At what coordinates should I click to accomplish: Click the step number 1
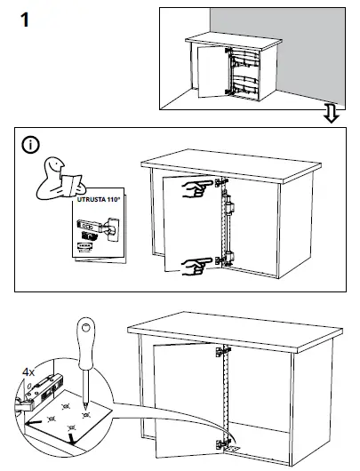coord(26,20)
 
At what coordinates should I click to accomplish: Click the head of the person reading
coord(54,165)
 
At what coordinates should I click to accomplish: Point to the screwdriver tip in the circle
coord(84,409)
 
